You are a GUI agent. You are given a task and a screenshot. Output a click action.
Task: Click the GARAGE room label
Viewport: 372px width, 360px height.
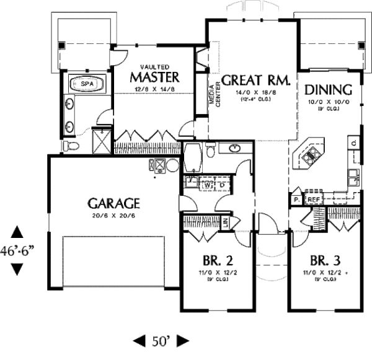tap(113, 203)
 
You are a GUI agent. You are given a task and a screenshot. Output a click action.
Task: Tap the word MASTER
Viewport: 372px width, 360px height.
tap(155, 77)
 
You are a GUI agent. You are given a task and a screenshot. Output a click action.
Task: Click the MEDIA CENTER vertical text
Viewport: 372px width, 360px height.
tap(218, 94)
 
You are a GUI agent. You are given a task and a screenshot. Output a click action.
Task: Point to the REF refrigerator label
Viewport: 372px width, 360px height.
tap(314, 200)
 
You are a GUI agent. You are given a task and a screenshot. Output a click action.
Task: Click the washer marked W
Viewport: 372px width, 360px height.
tap(208, 184)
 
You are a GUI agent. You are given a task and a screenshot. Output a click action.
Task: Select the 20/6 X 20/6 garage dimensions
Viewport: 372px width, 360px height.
tap(113, 216)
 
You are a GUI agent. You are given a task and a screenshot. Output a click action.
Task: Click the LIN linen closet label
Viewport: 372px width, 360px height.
tap(226, 221)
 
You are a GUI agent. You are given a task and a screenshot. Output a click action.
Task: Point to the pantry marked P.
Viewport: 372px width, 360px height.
tap(297, 200)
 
